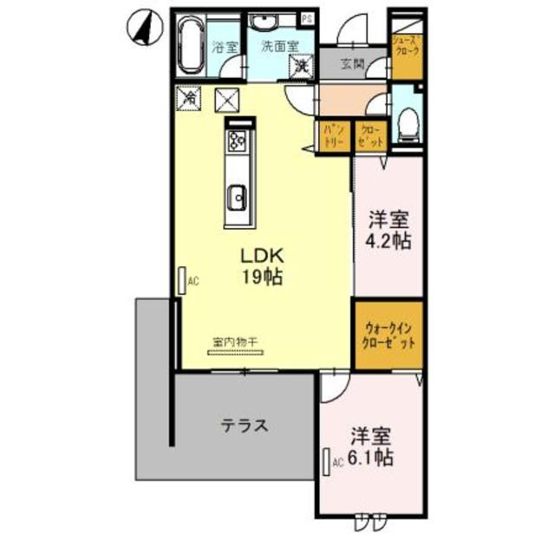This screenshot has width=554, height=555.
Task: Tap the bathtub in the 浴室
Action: [x=189, y=48]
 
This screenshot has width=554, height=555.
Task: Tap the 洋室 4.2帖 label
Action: [x=388, y=230]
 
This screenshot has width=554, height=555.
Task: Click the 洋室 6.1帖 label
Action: [x=371, y=445]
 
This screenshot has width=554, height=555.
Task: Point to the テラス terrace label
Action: [x=242, y=426]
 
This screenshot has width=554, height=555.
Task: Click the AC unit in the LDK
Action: [x=183, y=280]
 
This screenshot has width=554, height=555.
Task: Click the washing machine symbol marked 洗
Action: [x=301, y=63]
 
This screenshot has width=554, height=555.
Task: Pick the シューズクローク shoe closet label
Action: [x=406, y=46]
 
